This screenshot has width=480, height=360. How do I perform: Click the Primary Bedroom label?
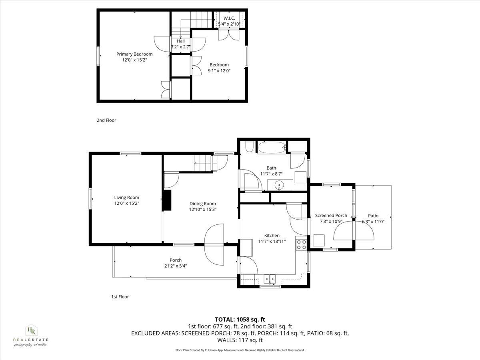point(134,54)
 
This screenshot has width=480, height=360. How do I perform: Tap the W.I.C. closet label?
point(229,18)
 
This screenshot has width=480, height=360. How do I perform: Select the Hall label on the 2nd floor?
point(181,41)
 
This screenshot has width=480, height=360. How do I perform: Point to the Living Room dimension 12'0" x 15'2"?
point(126,203)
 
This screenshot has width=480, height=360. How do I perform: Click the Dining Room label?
point(202,204)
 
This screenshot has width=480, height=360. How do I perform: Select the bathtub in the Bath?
point(272,148)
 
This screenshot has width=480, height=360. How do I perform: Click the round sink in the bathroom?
point(279,185)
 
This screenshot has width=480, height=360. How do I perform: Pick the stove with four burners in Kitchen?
point(301,244)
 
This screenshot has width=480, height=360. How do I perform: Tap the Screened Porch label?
point(331,216)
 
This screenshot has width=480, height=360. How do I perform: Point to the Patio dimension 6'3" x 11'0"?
point(370,222)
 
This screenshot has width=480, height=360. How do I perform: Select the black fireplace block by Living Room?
point(166,200)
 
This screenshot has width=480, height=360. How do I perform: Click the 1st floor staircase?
point(202,163)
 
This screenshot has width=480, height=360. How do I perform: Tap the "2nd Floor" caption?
point(106,120)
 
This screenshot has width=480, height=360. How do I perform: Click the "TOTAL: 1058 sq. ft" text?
point(240,319)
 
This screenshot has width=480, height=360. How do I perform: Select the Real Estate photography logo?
point(31,336)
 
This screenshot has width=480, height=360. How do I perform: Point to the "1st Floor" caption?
point(120,297)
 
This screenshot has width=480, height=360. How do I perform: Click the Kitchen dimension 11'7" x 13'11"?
point(272,241)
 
